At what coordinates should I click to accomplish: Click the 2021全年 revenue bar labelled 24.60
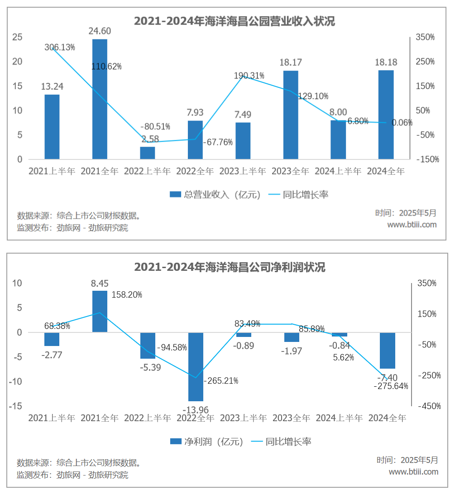[x=100, y=99]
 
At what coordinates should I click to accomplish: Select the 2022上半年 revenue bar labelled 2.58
[x=148, y=153]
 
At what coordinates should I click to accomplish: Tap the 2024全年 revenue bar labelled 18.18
[x=386, y=115]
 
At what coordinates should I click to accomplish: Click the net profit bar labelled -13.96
[x=196, y=367]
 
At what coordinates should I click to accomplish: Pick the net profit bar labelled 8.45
[x=100, y=311]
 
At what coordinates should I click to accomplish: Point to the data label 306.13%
[x=60, y=47]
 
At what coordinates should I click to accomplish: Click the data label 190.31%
[x=249, y=76]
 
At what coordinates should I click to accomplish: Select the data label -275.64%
[x=391, y=386]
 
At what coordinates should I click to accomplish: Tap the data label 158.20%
[x=127, y=295]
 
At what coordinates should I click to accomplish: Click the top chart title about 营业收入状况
[x=235, y=21]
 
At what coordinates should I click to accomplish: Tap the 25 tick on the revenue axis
[x=17, y=37]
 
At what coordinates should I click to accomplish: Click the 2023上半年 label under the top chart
[x=243, y=172]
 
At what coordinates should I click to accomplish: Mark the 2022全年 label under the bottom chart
[x=196, y=418]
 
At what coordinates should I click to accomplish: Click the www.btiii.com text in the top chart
[x=412, y=225]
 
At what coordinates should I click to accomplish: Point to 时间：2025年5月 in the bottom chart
[x=407, y=460]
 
